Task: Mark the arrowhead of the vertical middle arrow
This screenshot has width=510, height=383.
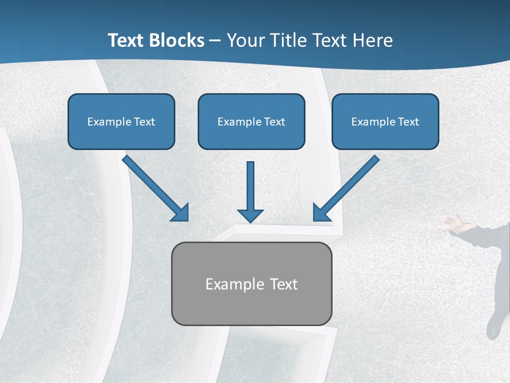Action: (250, 215)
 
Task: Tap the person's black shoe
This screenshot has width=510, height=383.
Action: (494, 326)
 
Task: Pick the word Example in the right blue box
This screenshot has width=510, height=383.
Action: (372, 122)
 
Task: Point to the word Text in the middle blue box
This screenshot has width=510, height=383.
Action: (275, 122)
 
